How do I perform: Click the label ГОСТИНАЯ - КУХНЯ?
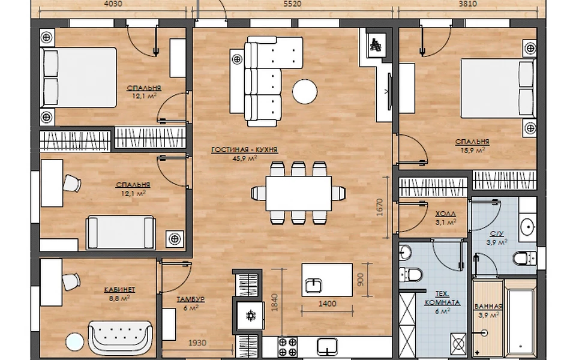pyautogui.click(x=244, y=150)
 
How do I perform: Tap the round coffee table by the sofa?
pyautogui.click(x=305, y=92)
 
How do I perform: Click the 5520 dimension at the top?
pyautogui.click(x=292, y=4)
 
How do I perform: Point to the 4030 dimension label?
pyautogui.click(x=113, y=4)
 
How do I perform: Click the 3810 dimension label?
pyautogui.click(x=467, y=4)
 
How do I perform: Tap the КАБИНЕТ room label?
pyautogui.click(x=120, y=290)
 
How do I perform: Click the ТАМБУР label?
pyautogui.click(x=190, y=299)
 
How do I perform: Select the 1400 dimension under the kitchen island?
pyautogui.click(x=327, y=304)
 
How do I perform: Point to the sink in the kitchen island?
pyautogui.click(x=313, y=286)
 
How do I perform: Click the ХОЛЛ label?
pyautogui.click(x=446, y=214)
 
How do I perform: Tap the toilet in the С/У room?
pyautogui.click(x=524, y=258)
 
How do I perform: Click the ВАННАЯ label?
pyautogui.click(x=488, y=307)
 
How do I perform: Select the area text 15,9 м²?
pyautogui.click(x=472, y=150)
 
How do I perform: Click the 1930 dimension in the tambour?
pyautogui.click(x=197, y=343)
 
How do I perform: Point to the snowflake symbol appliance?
pyautogui.click(x=251, y=315)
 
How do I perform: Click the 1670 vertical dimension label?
pyautogui.click(x=380, y=208)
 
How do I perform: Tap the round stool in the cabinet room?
pyautogui.click(x=74, y=342)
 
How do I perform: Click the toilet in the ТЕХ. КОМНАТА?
pyautogui.click(x=410, y=274)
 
